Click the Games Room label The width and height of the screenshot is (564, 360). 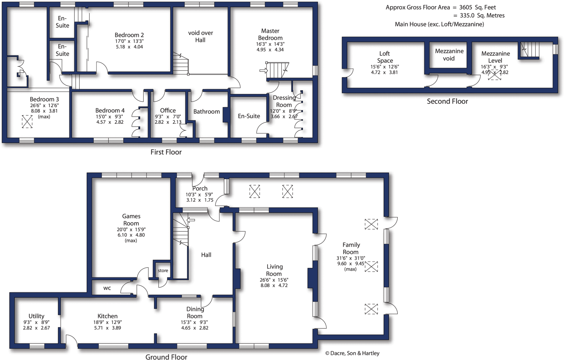131,220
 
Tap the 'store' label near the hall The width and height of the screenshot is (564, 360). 163,271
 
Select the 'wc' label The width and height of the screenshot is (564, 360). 107,288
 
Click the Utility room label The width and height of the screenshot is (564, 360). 36,316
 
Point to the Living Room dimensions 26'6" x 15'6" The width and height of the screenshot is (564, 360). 274,280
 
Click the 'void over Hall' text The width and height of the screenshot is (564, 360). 200,36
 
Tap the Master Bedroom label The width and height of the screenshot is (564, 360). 270,34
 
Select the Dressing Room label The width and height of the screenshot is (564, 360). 284,101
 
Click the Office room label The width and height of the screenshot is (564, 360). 168,110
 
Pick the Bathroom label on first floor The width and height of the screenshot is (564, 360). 207,111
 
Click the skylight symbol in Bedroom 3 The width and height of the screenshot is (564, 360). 27,121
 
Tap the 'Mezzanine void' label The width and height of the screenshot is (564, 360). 449,54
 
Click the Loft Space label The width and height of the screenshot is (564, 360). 385,57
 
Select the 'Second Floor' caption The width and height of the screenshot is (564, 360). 447,101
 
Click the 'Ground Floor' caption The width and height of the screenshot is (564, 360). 166,357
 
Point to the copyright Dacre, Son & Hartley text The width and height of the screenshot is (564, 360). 352,353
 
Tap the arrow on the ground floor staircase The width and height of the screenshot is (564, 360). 191,220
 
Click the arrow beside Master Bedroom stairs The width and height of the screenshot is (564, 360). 263,71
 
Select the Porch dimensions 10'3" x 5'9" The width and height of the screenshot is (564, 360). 199,194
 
